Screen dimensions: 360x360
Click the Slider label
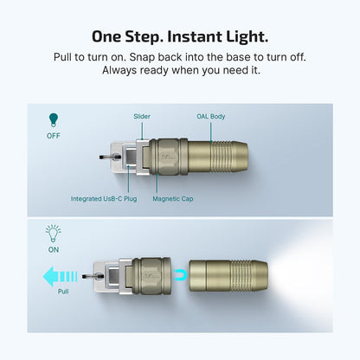click(x=142, y=115)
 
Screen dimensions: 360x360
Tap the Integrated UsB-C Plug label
click(x=103, y=198)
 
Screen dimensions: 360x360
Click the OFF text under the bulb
click(x=54, y=136)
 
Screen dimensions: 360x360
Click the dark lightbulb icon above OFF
click(x=54, y=120)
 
